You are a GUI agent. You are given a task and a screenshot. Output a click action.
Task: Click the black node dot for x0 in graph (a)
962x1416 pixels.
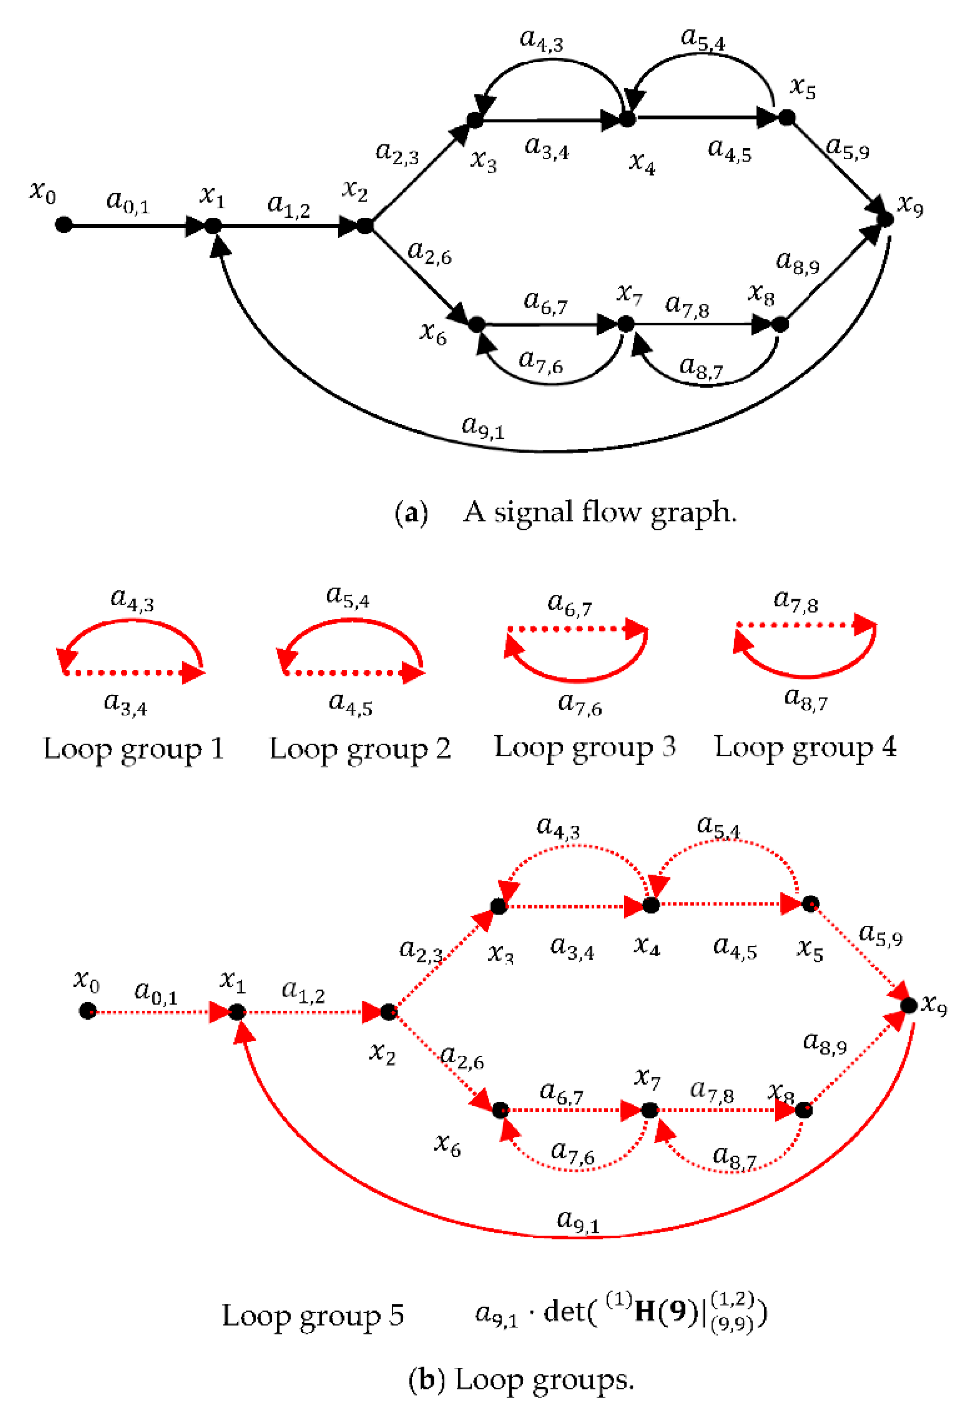[63, 225]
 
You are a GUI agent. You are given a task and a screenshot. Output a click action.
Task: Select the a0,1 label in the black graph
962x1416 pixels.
[127, 202]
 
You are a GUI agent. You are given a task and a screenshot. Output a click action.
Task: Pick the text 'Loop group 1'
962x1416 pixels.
[134, 749]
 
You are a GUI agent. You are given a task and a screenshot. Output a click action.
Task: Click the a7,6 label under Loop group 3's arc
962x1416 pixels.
[579, 704]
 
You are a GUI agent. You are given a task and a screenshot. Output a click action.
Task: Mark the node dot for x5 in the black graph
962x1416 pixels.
[787, 118]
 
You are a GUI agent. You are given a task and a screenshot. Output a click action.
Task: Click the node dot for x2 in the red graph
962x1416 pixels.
[389, 1012]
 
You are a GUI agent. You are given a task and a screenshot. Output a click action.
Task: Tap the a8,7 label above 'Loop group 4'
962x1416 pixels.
[805, 699]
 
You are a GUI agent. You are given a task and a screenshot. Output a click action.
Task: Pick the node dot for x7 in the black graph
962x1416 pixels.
[626, 324]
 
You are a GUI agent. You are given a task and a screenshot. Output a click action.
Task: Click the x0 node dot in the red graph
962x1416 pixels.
[88, 1011]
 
